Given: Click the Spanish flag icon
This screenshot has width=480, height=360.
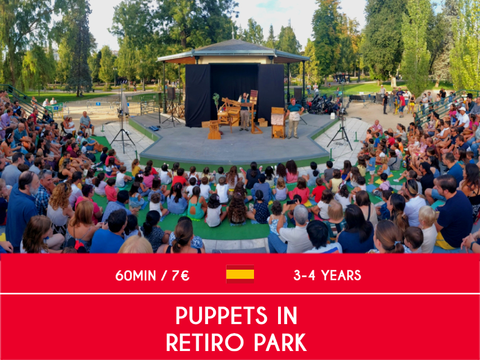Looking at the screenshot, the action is pos(240,274).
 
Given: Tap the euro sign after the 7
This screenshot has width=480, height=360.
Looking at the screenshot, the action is pos(184,276).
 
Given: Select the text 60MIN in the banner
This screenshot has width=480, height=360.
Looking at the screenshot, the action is pos(136,276).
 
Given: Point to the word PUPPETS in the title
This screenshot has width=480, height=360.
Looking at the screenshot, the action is pos(221,316).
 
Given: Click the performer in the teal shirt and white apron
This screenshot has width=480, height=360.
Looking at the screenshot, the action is pos(294,118).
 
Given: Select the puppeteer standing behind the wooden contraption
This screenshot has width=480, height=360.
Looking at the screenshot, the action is pos(244,112).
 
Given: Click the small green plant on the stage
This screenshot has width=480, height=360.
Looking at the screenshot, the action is pos(216,99).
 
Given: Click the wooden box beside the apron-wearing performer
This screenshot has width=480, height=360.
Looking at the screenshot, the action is pos(278,123).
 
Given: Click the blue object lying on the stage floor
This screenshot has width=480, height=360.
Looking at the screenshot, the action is pos(154,128).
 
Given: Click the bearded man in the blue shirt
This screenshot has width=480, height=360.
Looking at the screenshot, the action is pos(21,208).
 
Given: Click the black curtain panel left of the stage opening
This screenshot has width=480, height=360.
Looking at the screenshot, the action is pos(197,95).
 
